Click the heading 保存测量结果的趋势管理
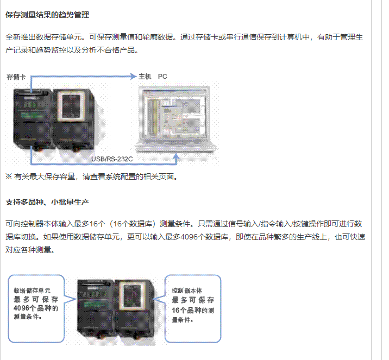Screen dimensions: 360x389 click(x=47, y=15)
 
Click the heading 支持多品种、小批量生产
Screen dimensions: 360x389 click(x=47, y=202)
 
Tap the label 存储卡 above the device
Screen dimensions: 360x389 click(x=16, y=77)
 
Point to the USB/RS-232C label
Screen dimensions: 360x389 click(x=112, y=159)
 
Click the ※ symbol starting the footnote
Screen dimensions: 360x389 click(x=9, y=176)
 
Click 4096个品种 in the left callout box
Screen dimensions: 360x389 click(x=33, y=308)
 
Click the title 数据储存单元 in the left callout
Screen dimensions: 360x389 click(x=32, y=290)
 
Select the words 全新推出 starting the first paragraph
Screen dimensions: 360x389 click(x=19, y=37)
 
